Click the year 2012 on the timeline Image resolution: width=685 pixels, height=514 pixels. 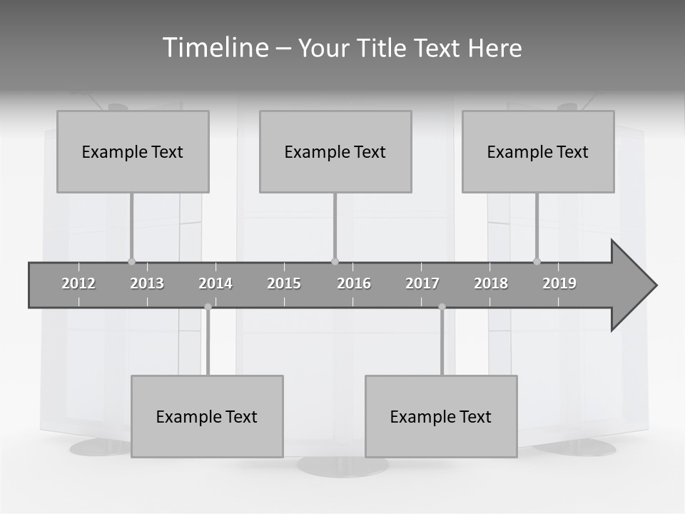78,283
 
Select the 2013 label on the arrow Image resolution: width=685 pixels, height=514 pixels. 147,283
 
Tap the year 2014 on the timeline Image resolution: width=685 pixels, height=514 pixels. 215,283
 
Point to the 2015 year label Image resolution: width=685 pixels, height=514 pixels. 284,283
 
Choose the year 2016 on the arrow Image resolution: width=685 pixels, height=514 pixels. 354,283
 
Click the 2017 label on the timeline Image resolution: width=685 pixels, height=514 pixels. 422,283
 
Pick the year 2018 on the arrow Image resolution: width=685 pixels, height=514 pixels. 491,283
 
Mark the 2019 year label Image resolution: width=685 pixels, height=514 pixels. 559,283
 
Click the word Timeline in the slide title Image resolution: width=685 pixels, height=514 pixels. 214,48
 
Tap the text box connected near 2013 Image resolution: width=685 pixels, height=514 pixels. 133,151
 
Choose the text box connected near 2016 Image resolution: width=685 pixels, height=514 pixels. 335,151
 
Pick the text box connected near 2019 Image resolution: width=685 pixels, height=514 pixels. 538,151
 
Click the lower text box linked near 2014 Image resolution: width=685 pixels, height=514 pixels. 207,416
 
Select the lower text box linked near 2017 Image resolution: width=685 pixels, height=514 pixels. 441,416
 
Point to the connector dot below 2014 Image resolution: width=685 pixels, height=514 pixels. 208,307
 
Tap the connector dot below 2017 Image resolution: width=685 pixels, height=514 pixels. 442,307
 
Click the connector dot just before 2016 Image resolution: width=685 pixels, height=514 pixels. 335,261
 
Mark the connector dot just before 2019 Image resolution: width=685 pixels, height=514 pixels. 537,261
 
